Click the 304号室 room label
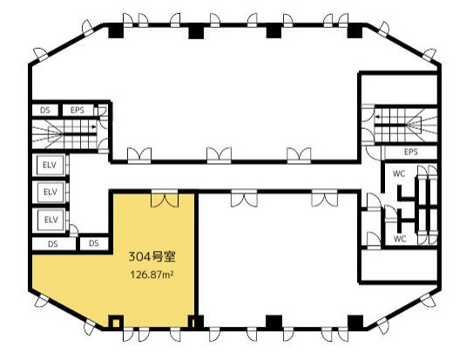[x=152, y=256]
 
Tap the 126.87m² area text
[x=152, y=275]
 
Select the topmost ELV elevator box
[x=50, y=165]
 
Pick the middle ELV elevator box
[x=50, y=192]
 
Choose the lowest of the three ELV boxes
[x=50, y=220]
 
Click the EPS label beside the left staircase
[x=78, y=111]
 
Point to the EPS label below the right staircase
[x=411, y=152]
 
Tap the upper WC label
[x=399, y=173]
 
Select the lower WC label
[x=400, y=239]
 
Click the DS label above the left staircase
[x=45, y=111]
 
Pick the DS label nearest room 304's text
[x=93, y=243]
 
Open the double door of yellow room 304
[x=165, y=199]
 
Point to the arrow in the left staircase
[x=95, y=127]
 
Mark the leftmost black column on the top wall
[x=116, y=31]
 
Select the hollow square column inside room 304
[x=116, y=322]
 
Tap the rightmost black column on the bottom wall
[x=355, y=323]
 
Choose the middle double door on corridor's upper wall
[x=219, y=155]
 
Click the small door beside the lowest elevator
[x=74, y=231]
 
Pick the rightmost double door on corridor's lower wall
[x=325, y=198]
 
